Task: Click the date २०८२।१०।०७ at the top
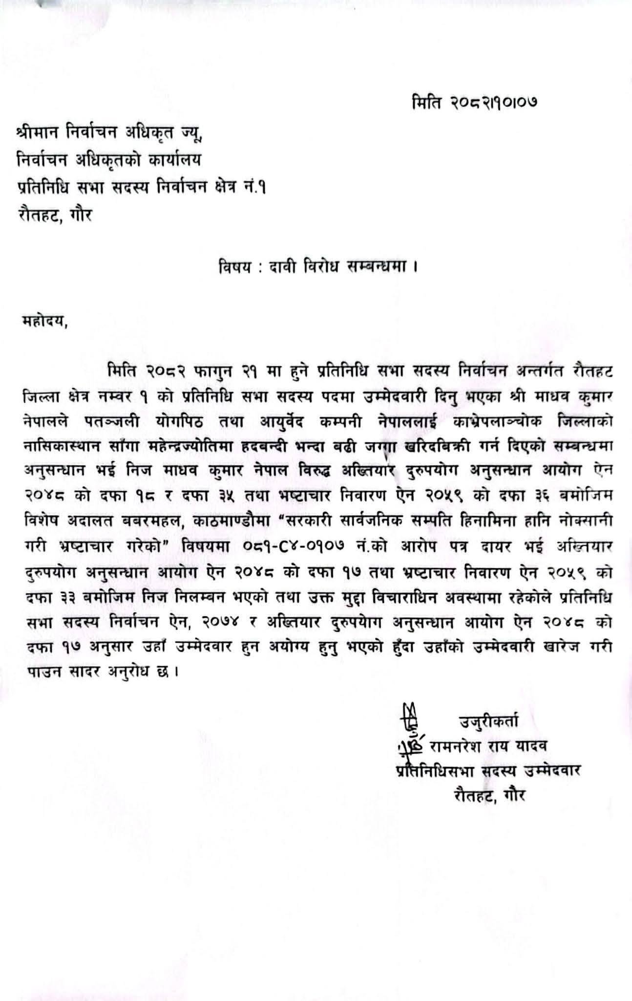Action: [x=494, y=103]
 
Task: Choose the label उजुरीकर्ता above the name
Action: [x=489, y=722]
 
